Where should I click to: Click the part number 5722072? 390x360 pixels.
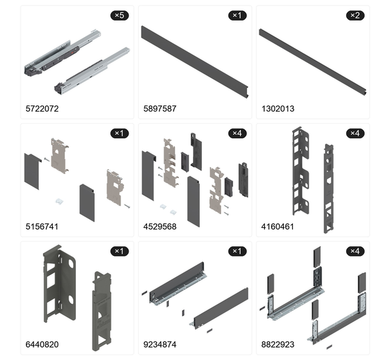(x=42, y=109)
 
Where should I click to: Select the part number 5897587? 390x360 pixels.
(x=160, y=109)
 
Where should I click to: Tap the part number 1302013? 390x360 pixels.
(x=278, y=109)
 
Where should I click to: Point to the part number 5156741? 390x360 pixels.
(x=42, y=227)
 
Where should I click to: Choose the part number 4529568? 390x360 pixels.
(x=160, y=227)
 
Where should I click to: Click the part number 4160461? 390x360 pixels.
(x=278, y=227)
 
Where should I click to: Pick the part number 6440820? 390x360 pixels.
(x=42, y=344)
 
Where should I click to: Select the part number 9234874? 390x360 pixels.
(x=160, y=344)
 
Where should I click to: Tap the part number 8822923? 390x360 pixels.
(x=278, y=344)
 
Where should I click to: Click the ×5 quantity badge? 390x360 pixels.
(x=120, y=16)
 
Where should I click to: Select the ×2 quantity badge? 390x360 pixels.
(x=355, y=16)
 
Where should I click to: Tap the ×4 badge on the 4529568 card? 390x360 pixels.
(x=237, y=133)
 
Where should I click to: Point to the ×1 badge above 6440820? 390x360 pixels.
(x=120, y=251)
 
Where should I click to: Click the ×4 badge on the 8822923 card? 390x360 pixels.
(x=355, y=251)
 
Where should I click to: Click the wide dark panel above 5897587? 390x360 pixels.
(x=195, y=62)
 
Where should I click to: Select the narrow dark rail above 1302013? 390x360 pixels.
(x=313, y=62)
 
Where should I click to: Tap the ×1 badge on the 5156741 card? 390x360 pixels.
(x=120, y=133)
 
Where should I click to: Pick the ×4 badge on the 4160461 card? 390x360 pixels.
(x=355, y=133)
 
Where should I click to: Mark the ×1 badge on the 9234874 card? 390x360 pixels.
(x=237, y=251)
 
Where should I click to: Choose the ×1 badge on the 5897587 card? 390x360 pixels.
(x=237, y=16)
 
